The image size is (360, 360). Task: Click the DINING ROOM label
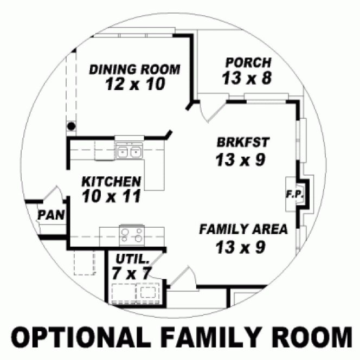134,69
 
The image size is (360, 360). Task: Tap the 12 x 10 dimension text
134,84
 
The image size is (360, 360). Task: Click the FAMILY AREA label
243,229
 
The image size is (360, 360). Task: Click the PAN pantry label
51,215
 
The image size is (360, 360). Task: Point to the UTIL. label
131,259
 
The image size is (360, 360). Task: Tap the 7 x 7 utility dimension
131,273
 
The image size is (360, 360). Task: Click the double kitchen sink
128,152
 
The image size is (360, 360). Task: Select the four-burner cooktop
132,235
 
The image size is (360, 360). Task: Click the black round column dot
71,126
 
